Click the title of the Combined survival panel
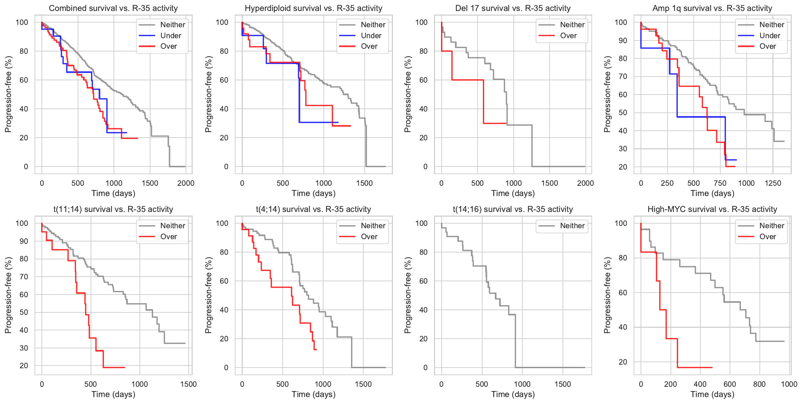point(113,8)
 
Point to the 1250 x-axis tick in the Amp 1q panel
point(773,183)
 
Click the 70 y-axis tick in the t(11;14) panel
point(24,277)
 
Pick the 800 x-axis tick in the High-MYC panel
point(759,384)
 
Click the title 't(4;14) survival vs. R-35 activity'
point(313,209)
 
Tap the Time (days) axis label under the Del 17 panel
point(513,193)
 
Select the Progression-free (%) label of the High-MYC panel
point(607,295)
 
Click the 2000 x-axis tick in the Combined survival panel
point(186,183)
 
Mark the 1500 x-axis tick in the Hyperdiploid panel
point(364,183)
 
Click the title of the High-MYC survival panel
point(712,209)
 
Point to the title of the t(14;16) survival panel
point(513,209)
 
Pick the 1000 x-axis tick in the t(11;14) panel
point(139,384)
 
